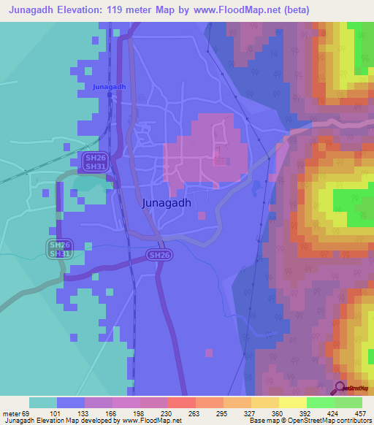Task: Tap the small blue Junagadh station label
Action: tap(110, 87)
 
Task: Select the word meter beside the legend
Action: tap(12, 412)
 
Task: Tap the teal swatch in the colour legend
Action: tap(43, 402)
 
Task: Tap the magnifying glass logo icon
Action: tap(340, 388)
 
